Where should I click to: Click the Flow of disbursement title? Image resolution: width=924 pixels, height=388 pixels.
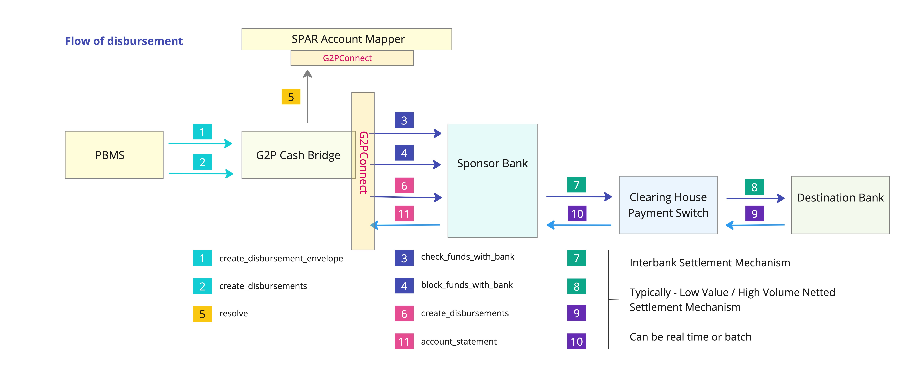pos(124,41)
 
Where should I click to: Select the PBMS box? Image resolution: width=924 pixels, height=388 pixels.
pos(114,155)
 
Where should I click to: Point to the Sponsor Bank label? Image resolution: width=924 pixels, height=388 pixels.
pos(492,163)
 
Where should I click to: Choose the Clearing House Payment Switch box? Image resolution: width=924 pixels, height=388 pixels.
pos(668,205)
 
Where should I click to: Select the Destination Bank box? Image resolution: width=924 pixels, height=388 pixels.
pos(840,205)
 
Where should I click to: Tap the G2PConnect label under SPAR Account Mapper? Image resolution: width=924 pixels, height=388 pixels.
pos(347,58)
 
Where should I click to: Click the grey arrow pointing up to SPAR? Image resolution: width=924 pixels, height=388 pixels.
pos(307,97)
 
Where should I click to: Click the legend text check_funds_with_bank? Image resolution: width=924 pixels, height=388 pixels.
pos(467,256)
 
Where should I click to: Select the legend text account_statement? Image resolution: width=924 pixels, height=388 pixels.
pos(459,342)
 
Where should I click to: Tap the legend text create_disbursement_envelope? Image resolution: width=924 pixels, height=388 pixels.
pos(281,258)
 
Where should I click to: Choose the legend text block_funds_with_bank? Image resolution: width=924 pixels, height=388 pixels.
pos(467,285)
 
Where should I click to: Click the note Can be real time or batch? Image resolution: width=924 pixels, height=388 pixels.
pos(690,337)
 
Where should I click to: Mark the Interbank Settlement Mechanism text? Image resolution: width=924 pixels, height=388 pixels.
pos(710,263)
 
